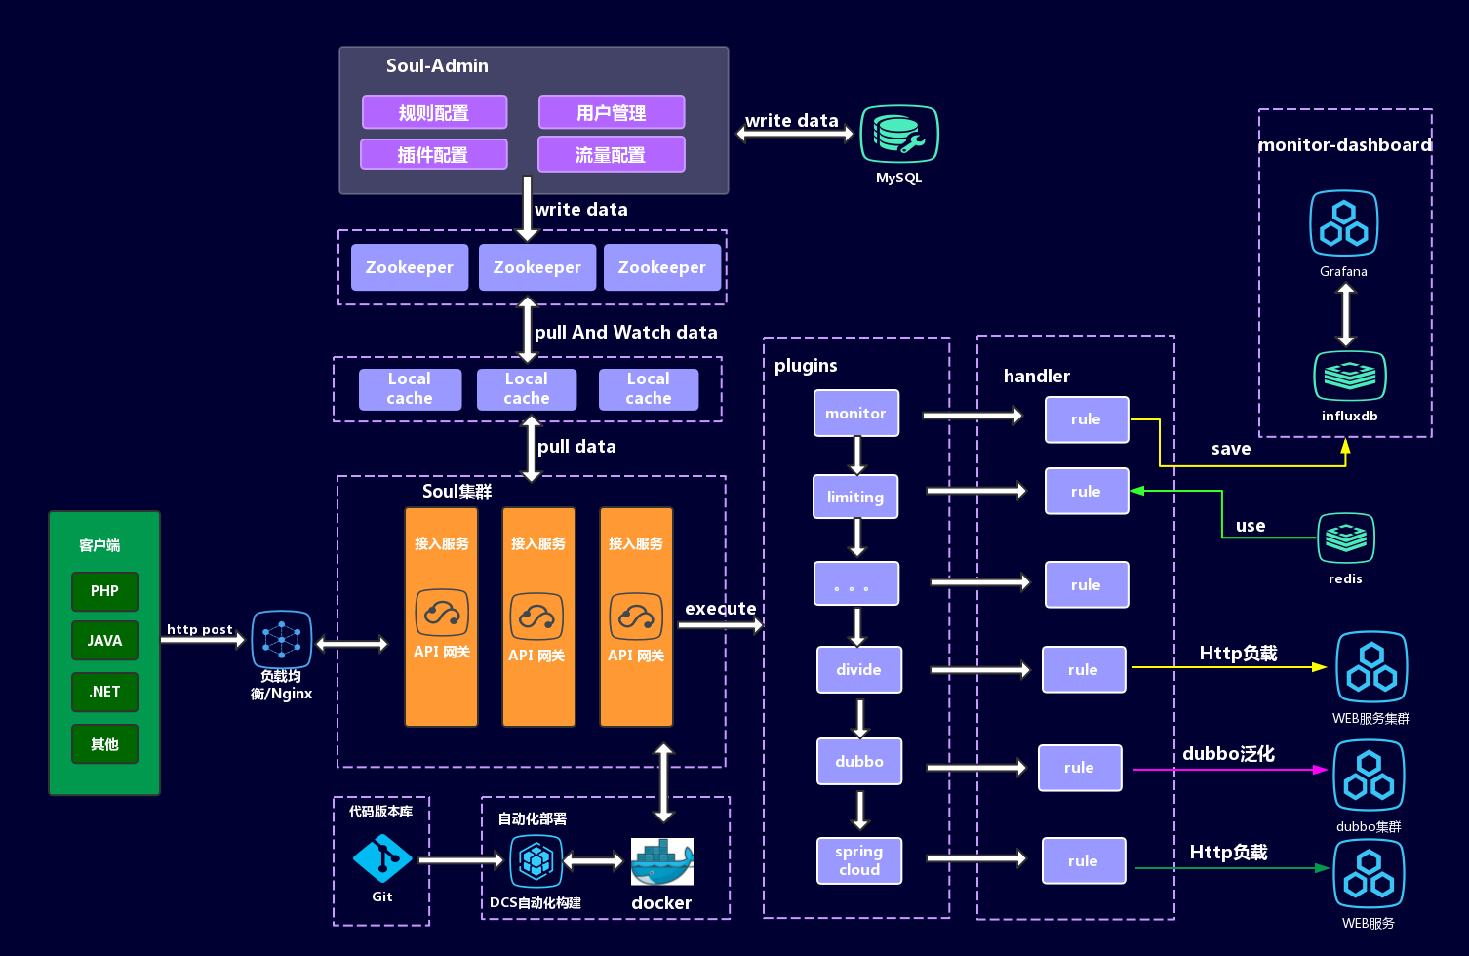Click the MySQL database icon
pos(898,135)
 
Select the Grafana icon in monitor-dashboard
pos(1343,223)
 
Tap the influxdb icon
pos(1349,376)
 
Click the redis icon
pos(1345,538)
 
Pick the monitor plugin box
pos(855,414)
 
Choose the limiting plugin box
pos(854,497)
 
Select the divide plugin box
pos(858,669)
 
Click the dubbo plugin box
pos(858,761)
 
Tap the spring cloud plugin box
pos(858,860)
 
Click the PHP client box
pos(104,591)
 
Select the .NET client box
pos(104,692)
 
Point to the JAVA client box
pos(104,641)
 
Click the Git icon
pos(381,859)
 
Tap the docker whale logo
pos(661,861)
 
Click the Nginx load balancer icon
pos(281,640)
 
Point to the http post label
pos(199,629)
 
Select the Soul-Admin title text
pos(437,66)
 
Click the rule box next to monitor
pos(1086,419)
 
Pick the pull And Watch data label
pos(625,333)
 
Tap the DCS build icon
pos(536,861)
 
